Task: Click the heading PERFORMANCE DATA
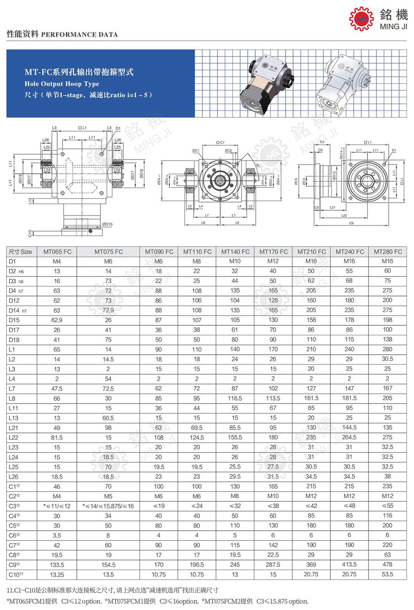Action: pyautogui.click(x=79, y=35)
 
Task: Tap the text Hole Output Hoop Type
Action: pyautogui.click(x=62, y=84)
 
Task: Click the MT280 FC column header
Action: pyautogui.click(x=387, y=252)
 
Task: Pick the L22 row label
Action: pyautogui.click(x=14, y=437)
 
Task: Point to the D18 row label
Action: pyautogui.click(x=14, y=340)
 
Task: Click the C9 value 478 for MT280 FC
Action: pyautogui.click(x=387, y=564)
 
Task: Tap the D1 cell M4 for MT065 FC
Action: pyautogui.click(x=57, y=261)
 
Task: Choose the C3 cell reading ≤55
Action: pyautogui.click(x=387, y=506)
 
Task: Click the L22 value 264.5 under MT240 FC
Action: pyautogui.click(x=349, y=437)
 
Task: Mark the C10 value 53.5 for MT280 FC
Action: pyautogui.click(x=387, y=574)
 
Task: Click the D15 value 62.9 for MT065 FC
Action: pyautogui.click(x=57, y=320)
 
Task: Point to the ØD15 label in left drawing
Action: pyautogui.click(x=106, y=224)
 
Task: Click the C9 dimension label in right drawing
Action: pyautogui.click(x=351, y=224)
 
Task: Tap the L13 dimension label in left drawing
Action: pyautogui.click(x=30, y=201)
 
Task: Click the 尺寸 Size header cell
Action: pyautogui.click(x=20, y=252)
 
